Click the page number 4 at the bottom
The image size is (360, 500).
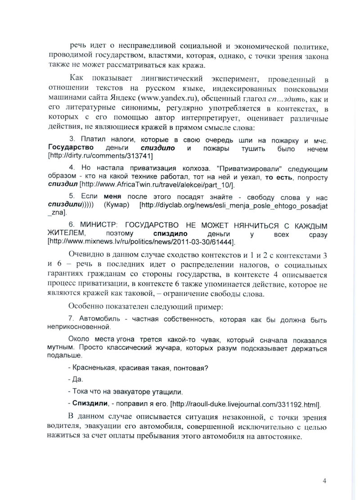(x=324, y=481)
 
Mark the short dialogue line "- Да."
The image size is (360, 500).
(x=72, y=379)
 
